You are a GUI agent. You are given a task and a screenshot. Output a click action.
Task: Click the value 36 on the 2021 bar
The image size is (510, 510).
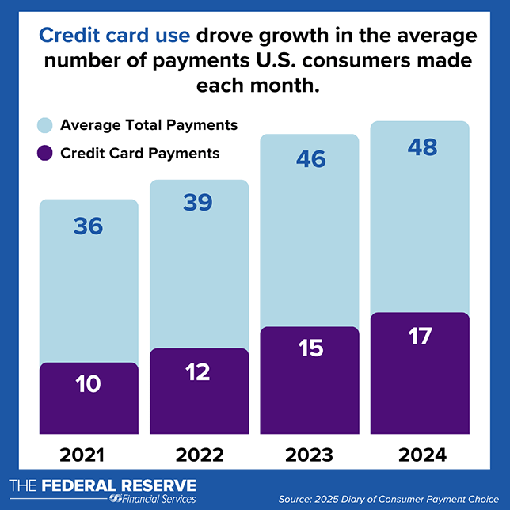pyautogui.click(x=89, y=226)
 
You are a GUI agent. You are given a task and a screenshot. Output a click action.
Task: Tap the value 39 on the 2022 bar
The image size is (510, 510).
pyautogui.click(x=197, y=203)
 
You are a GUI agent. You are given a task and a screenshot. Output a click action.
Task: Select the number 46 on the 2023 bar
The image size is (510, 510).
pyautogui.click(x=310, y=159)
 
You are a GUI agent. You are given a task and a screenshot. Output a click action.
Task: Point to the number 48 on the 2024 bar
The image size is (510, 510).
pyautogui.click(x=420, y=147)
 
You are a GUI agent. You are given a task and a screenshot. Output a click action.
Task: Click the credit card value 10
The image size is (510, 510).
pyautogui.click(x=89, y=385)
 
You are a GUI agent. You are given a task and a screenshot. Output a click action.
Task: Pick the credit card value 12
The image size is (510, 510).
pyautogui.click(x=197, y=372)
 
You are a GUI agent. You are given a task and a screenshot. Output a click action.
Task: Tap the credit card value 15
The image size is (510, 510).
pyautogui.click(x=310, y=348)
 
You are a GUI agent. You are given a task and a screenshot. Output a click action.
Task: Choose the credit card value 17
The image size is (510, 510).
pyautogui.click(x=420, y=336)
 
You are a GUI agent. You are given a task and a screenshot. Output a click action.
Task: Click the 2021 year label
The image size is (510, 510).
pyautogui.click(x=89, y=455)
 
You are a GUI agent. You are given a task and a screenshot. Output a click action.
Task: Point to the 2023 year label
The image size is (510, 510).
pyautogui.click(x=310, y=455)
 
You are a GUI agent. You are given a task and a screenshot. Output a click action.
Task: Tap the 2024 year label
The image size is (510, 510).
pyautogui.click(x=421, y=455)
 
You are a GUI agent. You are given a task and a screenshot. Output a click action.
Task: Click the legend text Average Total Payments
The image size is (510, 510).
pyautogui.click(x=149, y=125)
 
